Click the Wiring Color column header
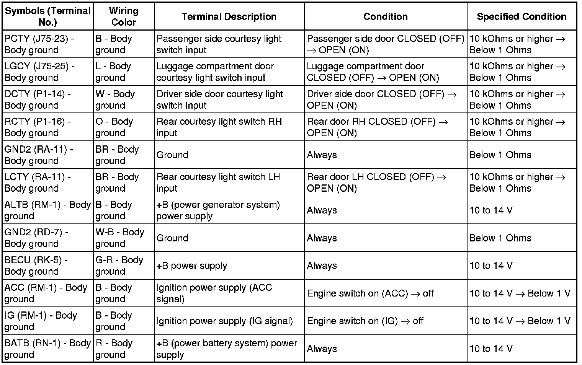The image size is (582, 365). click(x=123, y=16)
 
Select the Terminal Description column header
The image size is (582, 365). click(x=229, y=16)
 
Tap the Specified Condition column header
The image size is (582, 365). click(x=521, y=16)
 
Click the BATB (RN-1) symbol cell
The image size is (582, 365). click(x=47, y=349)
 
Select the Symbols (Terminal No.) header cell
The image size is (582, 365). click(x=47, y=16)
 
